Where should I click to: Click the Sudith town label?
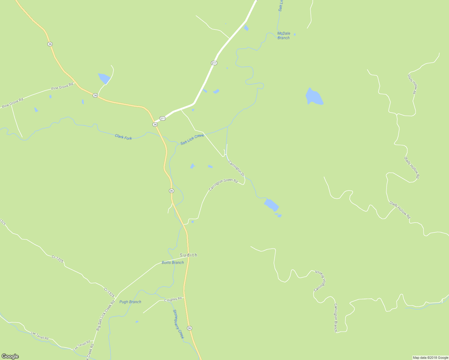point(188,255)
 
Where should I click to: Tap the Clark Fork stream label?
point(123,137)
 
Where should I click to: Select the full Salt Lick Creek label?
point(192,139)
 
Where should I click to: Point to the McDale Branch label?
point(284,35)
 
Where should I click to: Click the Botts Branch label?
point(173,262)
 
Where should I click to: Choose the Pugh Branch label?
point(130,302)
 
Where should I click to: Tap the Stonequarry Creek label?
point(178,324)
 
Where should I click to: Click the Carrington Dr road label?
point(237,169)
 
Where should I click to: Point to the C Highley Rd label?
point(173,299)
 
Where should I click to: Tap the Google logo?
point(10,356)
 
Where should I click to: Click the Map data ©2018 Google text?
point(430,358)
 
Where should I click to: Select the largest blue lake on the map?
point(314,97)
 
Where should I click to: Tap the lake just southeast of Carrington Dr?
point(272,205)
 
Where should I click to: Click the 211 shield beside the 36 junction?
point(162,118)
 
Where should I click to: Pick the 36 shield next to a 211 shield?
point(155,124)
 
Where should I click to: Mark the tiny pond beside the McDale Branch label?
point(295,34)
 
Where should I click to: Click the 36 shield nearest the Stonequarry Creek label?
point(189,328)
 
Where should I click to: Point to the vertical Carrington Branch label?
point(336,318)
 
